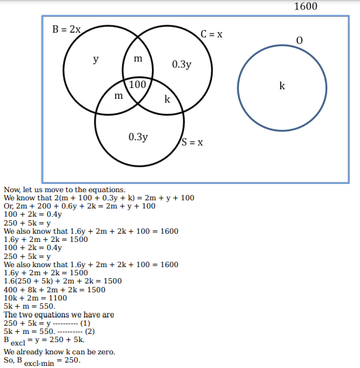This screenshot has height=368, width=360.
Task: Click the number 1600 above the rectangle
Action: (305, 6)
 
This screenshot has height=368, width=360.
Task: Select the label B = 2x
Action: (66, 29)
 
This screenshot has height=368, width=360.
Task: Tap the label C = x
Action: (211, 34)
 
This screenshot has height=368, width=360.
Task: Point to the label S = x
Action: (192, 142)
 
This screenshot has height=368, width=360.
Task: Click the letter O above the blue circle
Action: (299, 41)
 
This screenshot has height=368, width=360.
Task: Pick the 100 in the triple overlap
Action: (138, 85)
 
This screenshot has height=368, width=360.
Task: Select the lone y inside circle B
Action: (95, 59)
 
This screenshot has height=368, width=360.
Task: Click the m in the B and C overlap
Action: (138, 59)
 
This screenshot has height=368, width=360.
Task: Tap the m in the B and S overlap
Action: (119, 96)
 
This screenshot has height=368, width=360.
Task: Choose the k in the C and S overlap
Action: (167, 99)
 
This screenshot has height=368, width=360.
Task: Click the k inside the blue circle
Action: (282, 86)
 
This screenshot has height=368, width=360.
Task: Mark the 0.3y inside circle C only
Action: (182, 64)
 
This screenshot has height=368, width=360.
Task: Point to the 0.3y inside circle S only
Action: (138, 137)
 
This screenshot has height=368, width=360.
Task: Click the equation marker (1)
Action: (85, 323)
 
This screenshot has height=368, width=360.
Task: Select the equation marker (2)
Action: (90, 331)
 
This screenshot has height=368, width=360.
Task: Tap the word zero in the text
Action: (106, 352)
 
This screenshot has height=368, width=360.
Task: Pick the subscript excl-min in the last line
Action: (39, 363)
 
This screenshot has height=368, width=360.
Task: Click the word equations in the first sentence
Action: (107, 190)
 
